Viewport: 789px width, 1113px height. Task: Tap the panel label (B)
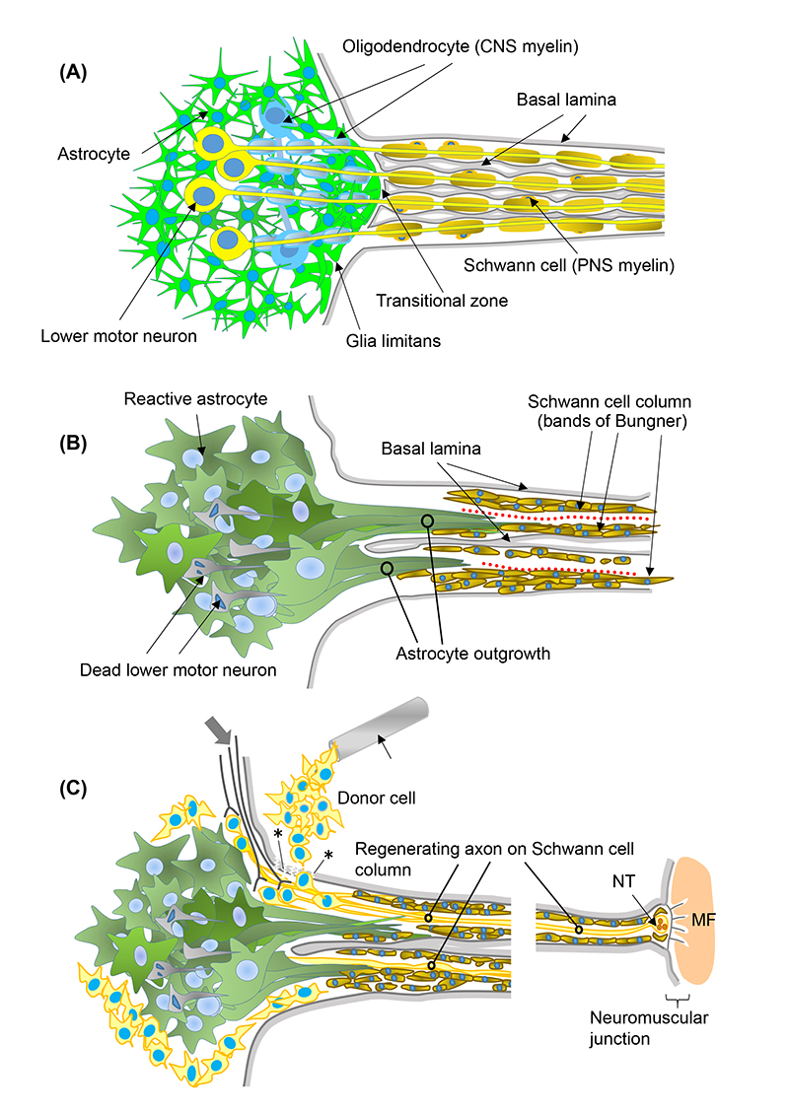(78, 443)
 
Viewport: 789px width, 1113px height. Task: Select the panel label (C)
(78, 789)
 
